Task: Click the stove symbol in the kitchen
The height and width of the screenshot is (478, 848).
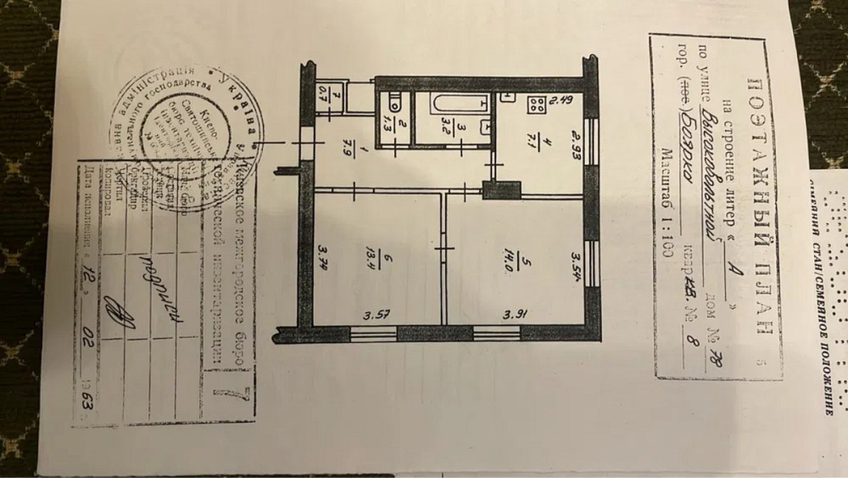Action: coord(536,107)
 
